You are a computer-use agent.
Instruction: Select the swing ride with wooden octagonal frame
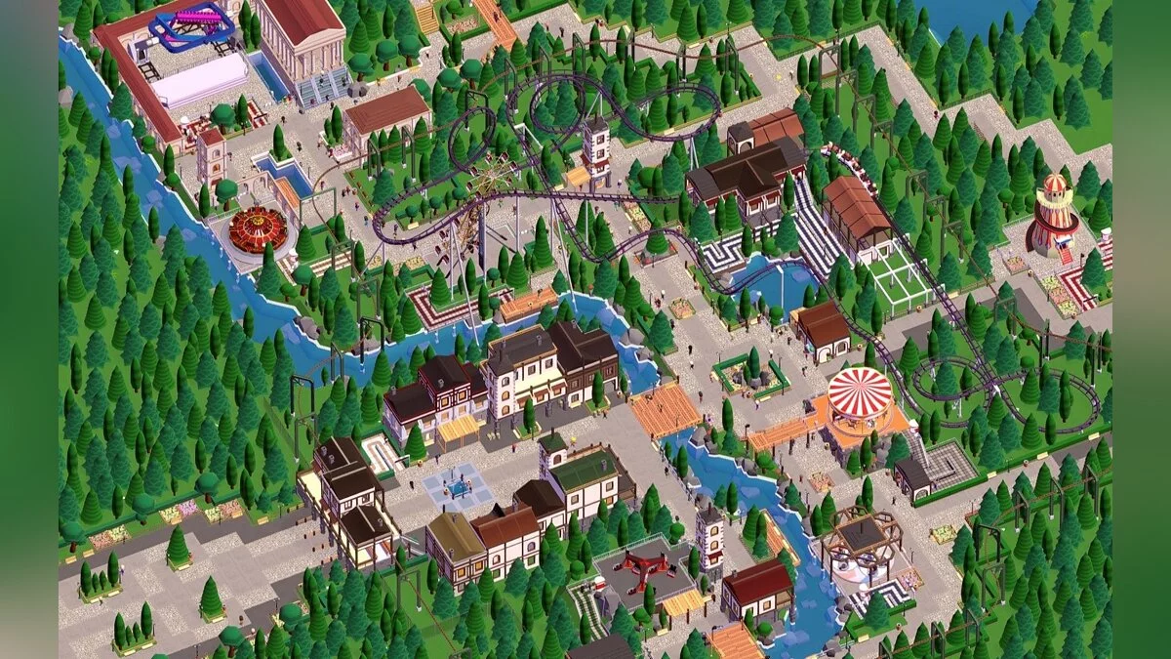[x=859, y=542]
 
